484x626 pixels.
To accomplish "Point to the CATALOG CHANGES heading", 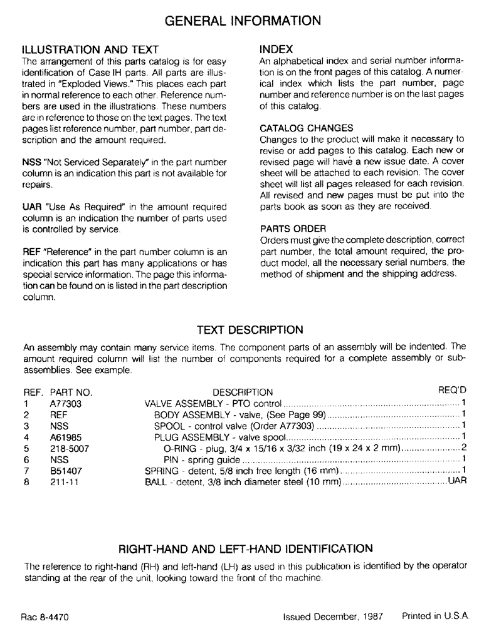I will pos(298,128).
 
